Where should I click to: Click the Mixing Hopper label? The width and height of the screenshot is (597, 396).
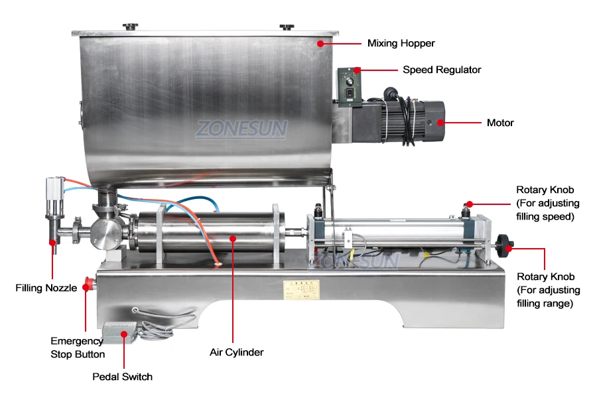[x=401, y=44]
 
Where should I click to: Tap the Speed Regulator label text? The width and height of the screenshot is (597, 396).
[x=442, y=70]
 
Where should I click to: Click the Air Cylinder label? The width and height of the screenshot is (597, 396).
[x=237, y=352]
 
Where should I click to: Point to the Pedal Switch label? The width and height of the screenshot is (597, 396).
[x=122, y=377]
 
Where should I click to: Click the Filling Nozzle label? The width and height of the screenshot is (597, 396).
[x=44, y=288]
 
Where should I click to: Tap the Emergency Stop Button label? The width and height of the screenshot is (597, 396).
[x=78, y=348]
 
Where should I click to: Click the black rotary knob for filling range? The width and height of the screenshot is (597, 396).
[x=507, y=248]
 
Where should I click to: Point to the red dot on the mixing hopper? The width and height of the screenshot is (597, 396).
[x=320, y=44]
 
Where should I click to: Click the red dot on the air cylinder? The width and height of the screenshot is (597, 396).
[x=233, y=237]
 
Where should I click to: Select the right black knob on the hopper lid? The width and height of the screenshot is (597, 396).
[x=287, y=27]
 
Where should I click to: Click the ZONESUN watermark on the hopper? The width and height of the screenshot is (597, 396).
[x=240, y=128]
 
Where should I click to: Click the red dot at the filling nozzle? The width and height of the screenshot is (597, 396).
[x=52, y=243]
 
